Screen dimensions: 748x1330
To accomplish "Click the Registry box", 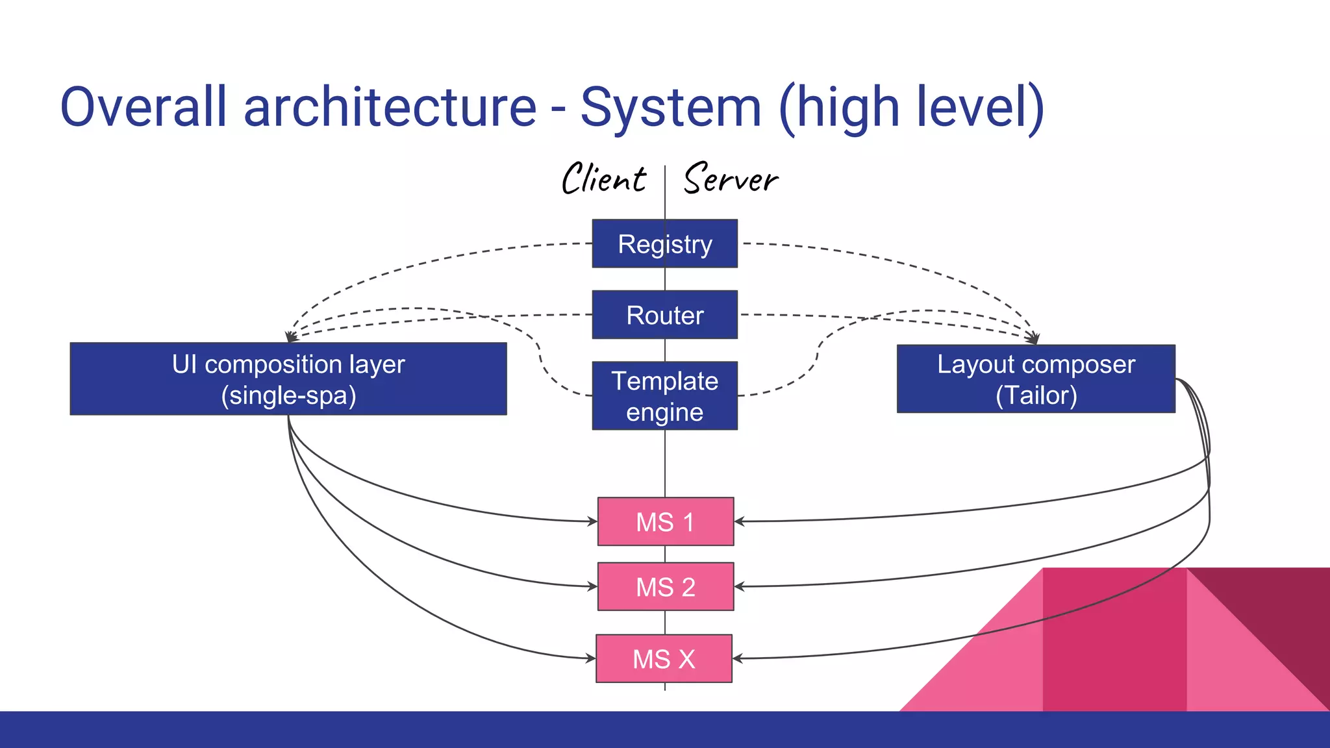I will click(x=664, y=243).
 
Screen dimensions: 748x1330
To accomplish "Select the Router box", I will click(x=664, y=315).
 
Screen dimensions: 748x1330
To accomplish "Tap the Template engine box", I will click(x=664, y=395).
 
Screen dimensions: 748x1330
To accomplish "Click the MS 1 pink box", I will click(x=665, y=521).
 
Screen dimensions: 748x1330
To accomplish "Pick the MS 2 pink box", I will click(x=665, y=586).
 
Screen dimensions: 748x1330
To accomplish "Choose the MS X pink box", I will click(x=664, y=658).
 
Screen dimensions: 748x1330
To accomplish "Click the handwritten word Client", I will click(x=603, y=179).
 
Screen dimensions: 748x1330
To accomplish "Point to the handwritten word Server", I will click(x=731, y=179).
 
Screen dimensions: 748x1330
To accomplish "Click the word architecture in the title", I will click(x=390, y=107).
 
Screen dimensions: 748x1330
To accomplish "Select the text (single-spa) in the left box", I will click(x=288, y=395).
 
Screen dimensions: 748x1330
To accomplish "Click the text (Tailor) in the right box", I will click(x=1036, y=395).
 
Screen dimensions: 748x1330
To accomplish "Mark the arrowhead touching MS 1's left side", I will click(x=592, y=521).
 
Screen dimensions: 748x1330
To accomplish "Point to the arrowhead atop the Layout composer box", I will click(x=1033, y=339).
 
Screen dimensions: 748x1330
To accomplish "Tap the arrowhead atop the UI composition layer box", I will click(x=292, y=337).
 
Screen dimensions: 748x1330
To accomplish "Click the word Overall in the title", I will click(x=144, y=107).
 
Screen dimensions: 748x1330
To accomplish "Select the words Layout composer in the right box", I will click(x=1036, y=364).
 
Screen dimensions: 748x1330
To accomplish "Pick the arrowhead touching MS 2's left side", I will click(x=592, y=586).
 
